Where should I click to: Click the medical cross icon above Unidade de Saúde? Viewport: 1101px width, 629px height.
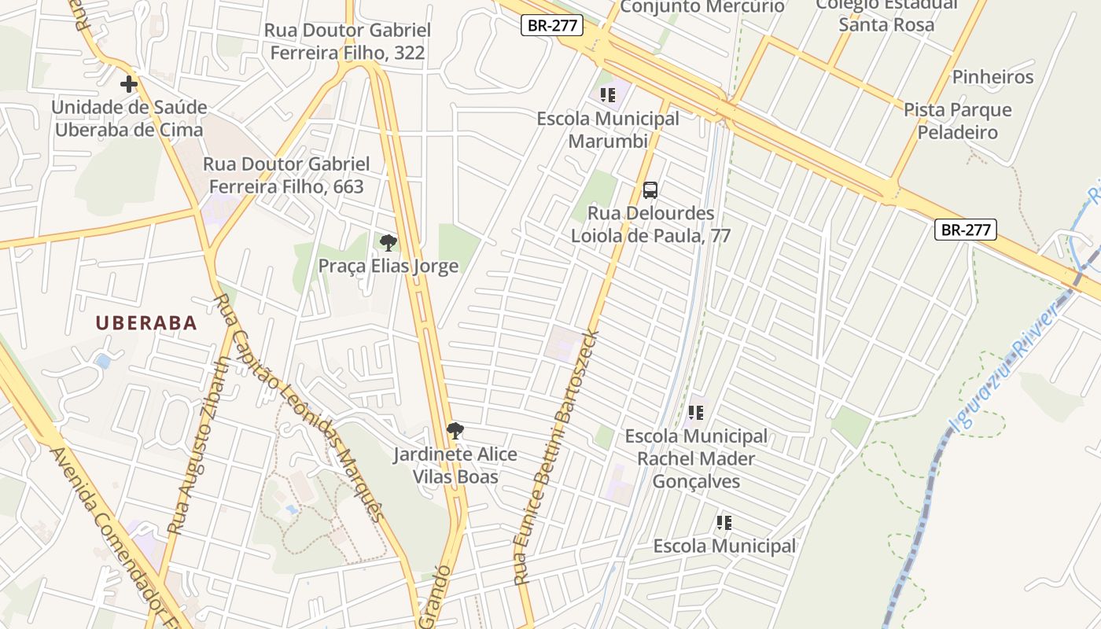(129, 83)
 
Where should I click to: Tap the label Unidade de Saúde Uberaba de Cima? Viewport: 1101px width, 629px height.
(129, 119)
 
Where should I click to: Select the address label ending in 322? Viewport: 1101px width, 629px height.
(348, 42)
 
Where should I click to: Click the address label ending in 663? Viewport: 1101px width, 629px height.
(286, 175)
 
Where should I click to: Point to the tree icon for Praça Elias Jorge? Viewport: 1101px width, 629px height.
(388, 242)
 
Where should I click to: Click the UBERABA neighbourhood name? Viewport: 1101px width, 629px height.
(146, 322)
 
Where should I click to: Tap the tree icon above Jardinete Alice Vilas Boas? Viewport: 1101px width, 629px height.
(455, 430)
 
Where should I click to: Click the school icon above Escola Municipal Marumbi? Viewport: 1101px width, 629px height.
(607, 95)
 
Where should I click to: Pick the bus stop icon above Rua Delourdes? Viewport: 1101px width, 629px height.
(650, 189)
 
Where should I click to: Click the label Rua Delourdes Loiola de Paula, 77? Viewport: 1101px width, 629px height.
(650, 224)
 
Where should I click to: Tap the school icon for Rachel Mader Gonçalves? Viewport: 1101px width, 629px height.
(695, 412)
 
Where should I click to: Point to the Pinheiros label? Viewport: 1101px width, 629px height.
(992, 77)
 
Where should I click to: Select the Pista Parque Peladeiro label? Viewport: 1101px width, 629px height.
(957, 120)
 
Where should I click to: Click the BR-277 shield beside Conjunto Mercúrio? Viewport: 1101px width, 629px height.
(551, 25)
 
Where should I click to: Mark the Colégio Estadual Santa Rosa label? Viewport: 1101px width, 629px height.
(886, 14)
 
